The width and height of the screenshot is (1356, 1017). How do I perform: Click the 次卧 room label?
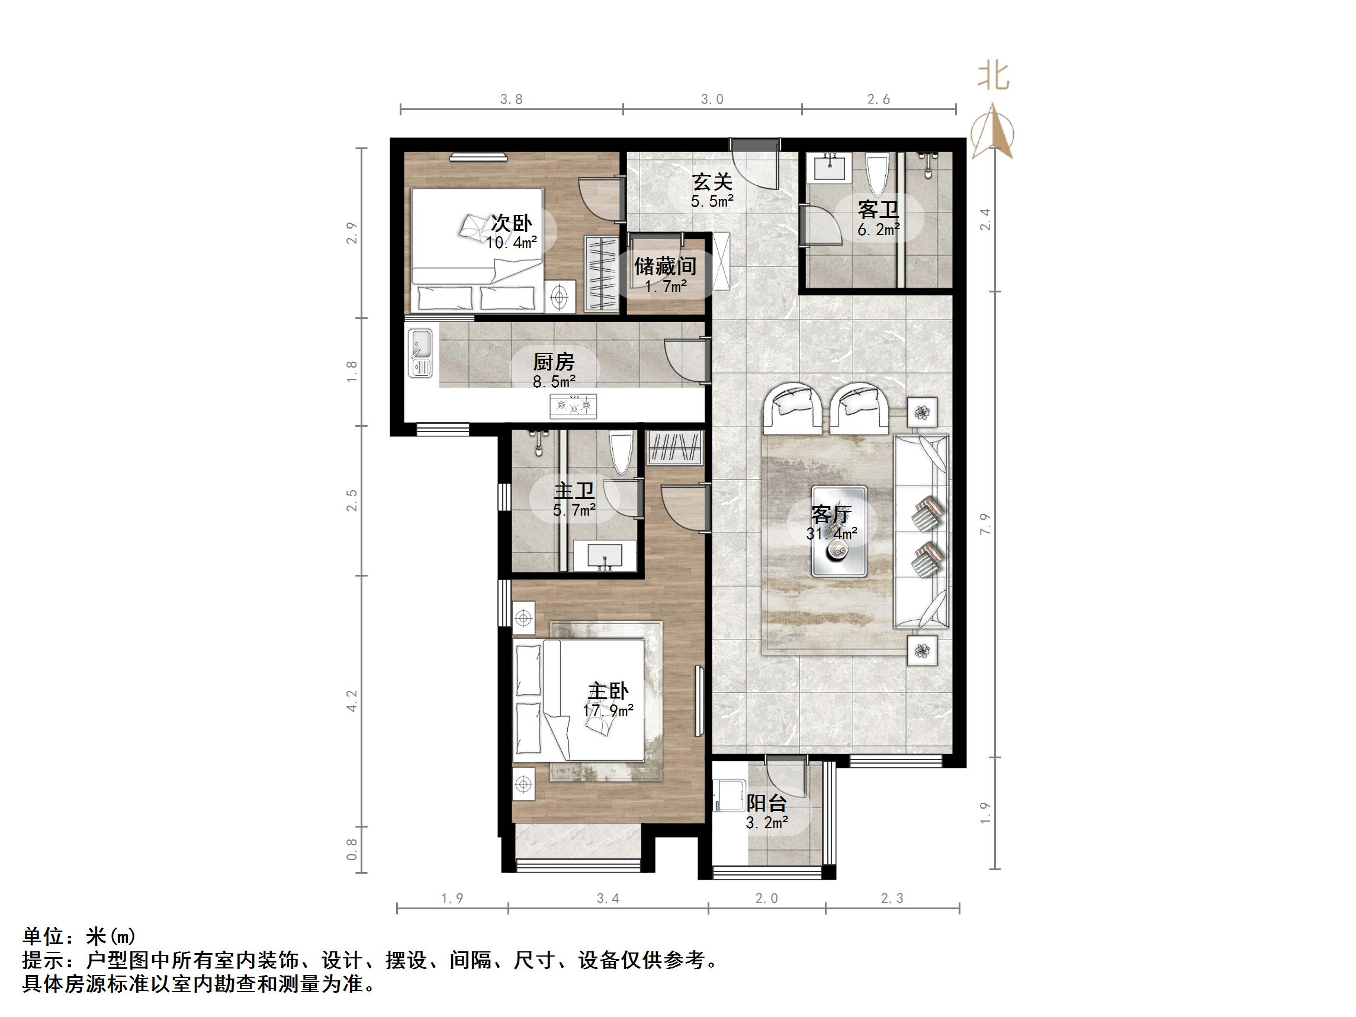511,223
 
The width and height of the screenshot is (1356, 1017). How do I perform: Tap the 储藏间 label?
665,266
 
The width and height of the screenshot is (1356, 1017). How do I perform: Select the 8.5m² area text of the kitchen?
554,382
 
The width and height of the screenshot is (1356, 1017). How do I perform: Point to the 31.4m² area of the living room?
831,534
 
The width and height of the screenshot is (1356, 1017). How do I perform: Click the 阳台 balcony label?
766,803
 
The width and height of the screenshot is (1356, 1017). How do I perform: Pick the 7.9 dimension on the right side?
985,524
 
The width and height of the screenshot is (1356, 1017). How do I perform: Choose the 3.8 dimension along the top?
511,99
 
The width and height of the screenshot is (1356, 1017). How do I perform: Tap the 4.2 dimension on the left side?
352,700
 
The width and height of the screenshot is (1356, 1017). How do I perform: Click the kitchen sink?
420,354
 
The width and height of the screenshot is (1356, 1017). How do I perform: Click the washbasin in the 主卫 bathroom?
605,556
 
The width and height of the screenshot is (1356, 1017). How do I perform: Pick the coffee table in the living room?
839,532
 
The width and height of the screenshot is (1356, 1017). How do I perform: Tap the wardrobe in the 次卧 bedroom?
601,273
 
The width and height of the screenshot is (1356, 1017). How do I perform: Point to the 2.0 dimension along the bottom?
766,899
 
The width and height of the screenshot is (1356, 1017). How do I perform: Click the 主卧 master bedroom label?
608,691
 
